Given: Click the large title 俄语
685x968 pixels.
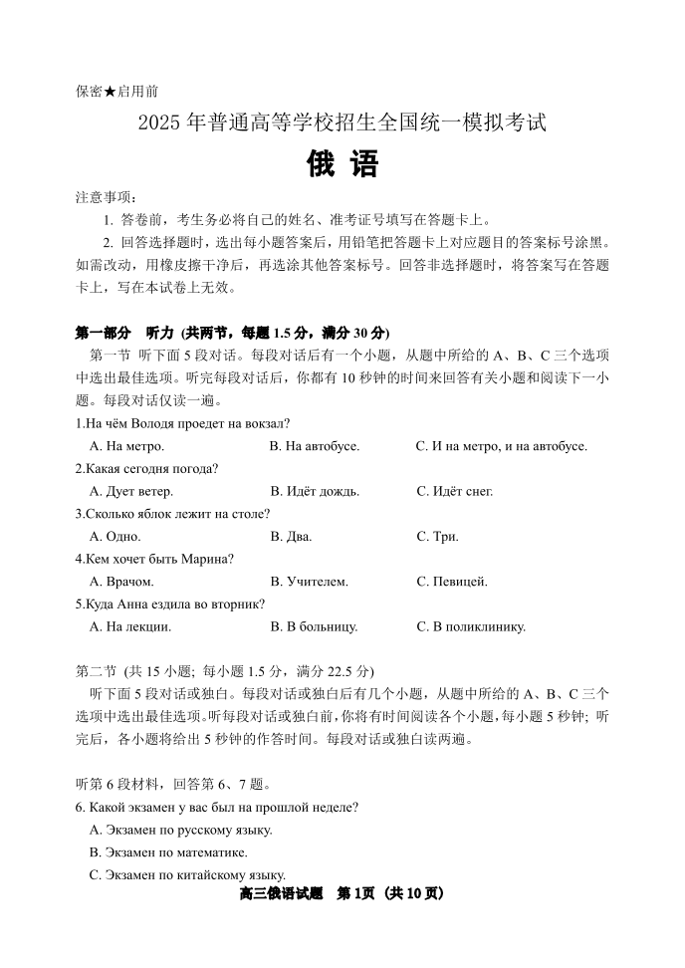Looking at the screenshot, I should click(x=342, y=162).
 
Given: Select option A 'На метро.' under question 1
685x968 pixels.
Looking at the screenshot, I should click(x=126, y=446).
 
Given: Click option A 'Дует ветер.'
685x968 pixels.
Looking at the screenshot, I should click(x=130, y=491).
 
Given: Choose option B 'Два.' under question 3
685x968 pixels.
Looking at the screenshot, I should click(x=291, y=537).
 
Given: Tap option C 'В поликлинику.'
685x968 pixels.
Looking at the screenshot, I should click(x=471, y=627).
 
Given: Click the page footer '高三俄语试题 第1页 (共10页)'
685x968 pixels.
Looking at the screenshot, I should click(x=342, y=893).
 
